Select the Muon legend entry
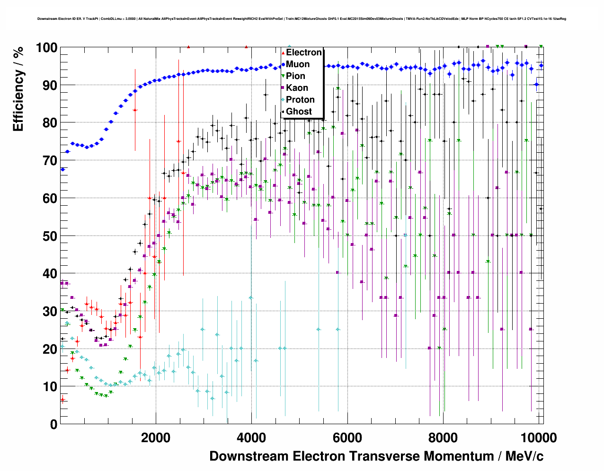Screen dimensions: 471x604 pyautogui.click(x=298, y=64)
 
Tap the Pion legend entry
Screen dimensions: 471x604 pyautogui.click(x=295, y=76)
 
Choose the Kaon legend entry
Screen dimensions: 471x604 pyautogui.click(x=297, y=88)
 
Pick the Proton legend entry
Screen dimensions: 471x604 pyautogui.click(x=300, y=100)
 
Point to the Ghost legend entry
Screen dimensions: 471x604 pyautogui.click(x=299, y=112)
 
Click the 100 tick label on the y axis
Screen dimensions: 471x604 pyautogui.click(x=46, y=48)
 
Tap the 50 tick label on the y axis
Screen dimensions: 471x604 pyautogui.click(x=50, y=236)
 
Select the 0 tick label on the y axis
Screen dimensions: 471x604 pyautogui.click(x=53, y=424)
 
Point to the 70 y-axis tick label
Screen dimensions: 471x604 pyautogui.click(x=50, y=161)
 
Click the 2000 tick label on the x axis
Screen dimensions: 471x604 pyautogui.click(x=156, y=437)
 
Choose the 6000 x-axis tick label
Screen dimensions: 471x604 pyautogui.click(x=347, y=437)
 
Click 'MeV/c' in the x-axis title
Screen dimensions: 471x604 pyautogui.click(x=524, y=456)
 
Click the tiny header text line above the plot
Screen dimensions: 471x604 pyautogui.click(x=302, y=19)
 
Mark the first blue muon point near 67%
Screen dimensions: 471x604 pyautogui.click(x=62, y=169)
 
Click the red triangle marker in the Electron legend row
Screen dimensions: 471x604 pyautogui.click(x=283, y=52)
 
